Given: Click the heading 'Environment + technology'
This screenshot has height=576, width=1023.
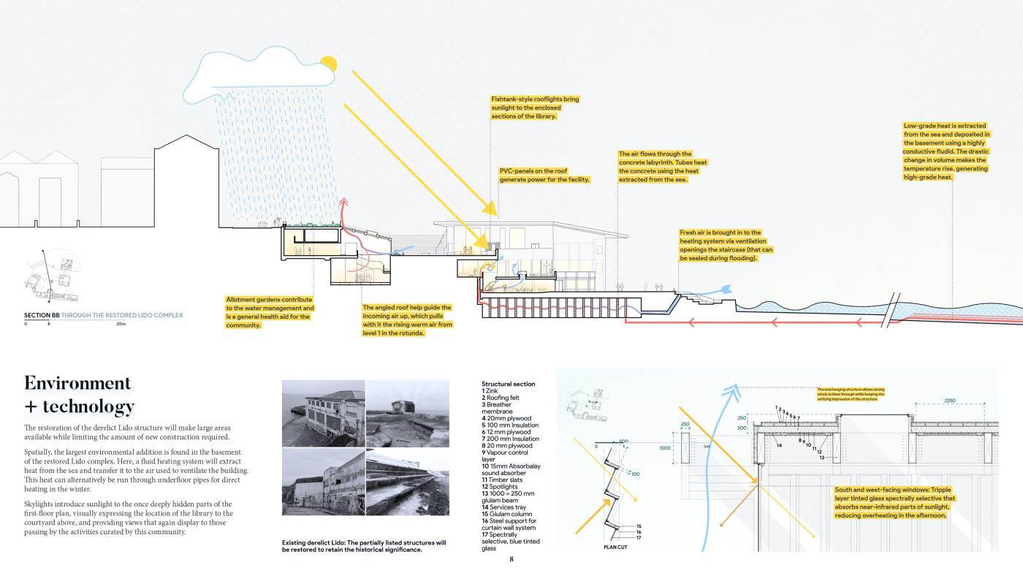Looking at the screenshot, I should (79, 395).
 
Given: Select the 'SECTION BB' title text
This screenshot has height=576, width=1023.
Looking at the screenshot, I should (42, 316).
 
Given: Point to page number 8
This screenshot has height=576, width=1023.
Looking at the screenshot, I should (512, 559).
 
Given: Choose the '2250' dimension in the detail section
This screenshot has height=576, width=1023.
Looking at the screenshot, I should (949, 401).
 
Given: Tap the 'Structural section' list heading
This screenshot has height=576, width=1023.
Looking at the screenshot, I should (508, 384).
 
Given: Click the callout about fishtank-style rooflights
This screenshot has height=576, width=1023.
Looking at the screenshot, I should (535, 107).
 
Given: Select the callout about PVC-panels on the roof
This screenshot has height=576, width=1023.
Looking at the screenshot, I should (544, 175).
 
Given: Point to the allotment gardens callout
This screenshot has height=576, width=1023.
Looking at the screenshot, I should (269, 312).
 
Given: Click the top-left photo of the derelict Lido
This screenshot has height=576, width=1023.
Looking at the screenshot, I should (323, 413).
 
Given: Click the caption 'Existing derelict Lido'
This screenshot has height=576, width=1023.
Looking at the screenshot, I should (363, 546).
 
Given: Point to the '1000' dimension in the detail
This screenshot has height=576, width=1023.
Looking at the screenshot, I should (665, 447).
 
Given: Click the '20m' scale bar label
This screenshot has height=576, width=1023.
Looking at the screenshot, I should (121, 323).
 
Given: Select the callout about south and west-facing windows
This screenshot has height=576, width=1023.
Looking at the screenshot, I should (894, 502).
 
